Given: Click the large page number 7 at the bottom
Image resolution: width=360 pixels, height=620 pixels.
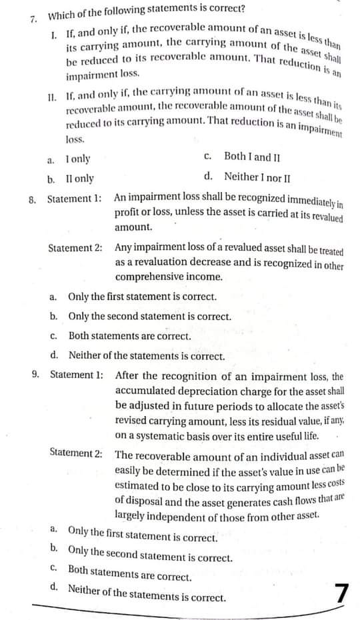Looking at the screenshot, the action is click(342, 593).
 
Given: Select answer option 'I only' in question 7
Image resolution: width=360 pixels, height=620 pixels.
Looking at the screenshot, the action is click(78, 160).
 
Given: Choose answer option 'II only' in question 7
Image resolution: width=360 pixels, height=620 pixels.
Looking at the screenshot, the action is click(80, 179).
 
